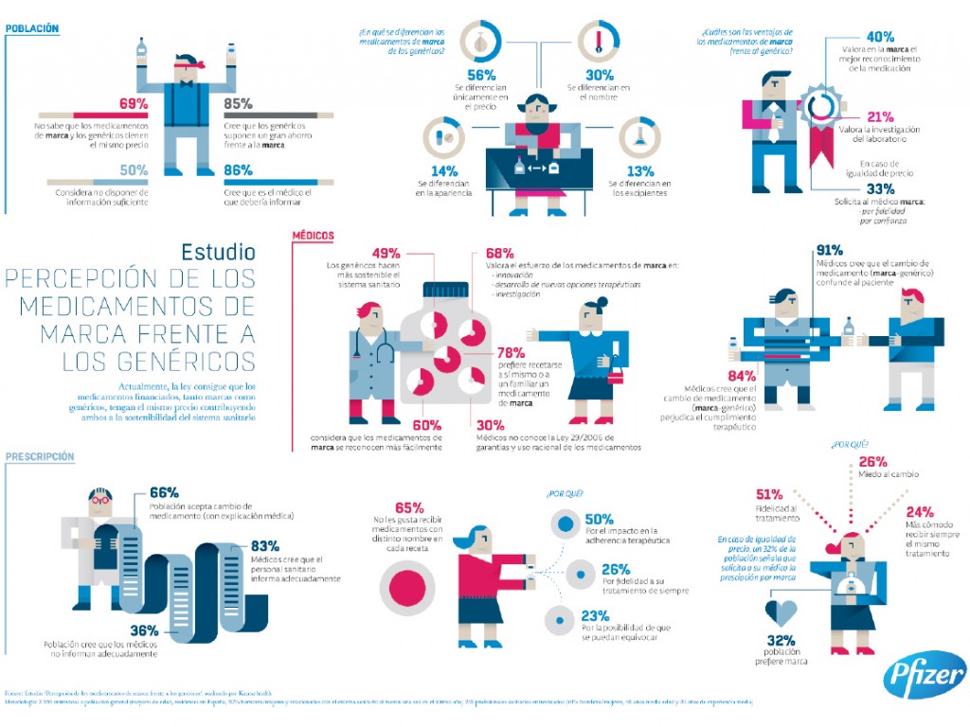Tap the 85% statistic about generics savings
point(239,103)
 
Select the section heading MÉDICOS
point(313,236)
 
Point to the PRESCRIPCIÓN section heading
point(40,456)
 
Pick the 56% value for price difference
point(481,75)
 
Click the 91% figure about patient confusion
point(830,251)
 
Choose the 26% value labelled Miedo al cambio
point(872,461)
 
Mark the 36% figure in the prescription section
point(144,630)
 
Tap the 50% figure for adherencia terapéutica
point(599,520)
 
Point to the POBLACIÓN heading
point(32,28)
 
